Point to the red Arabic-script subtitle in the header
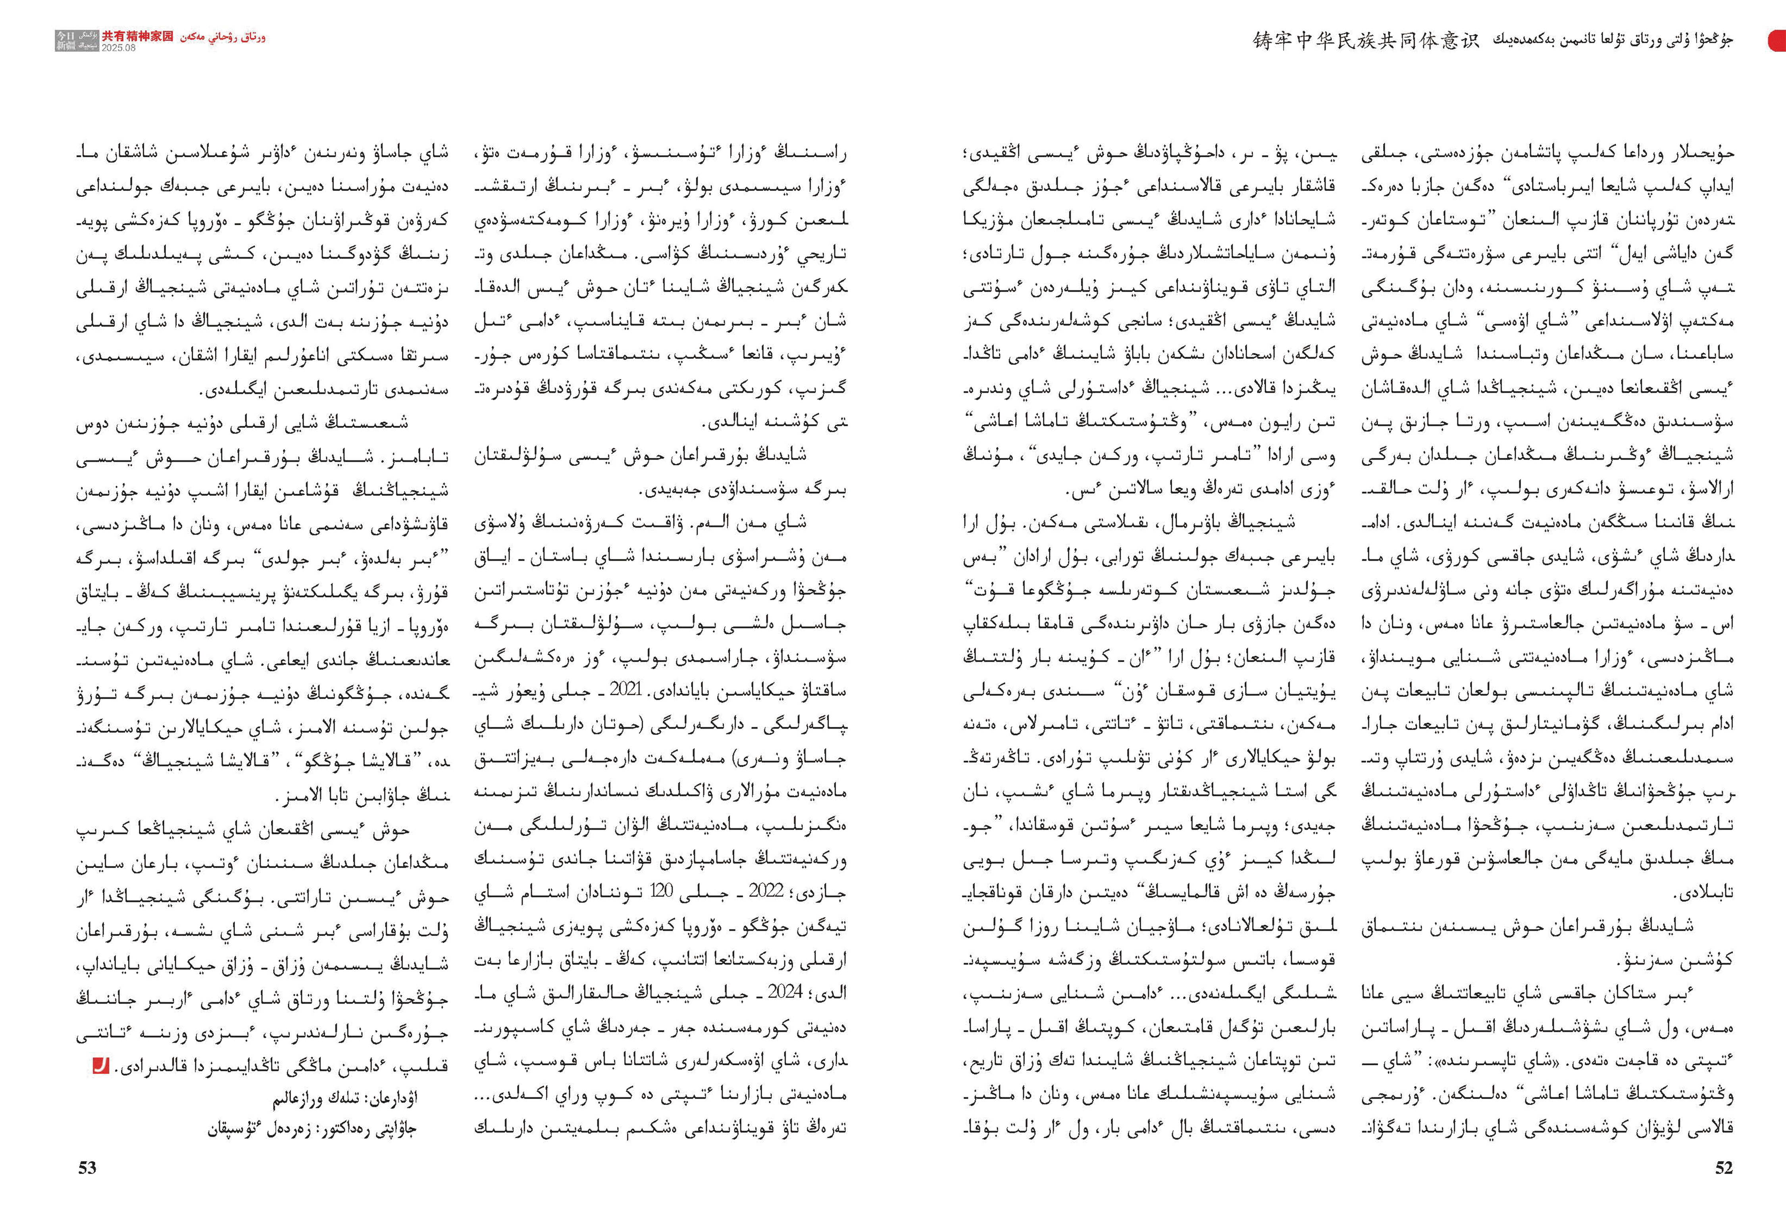(x=223, y=36)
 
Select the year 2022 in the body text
(x=766, y=891)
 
